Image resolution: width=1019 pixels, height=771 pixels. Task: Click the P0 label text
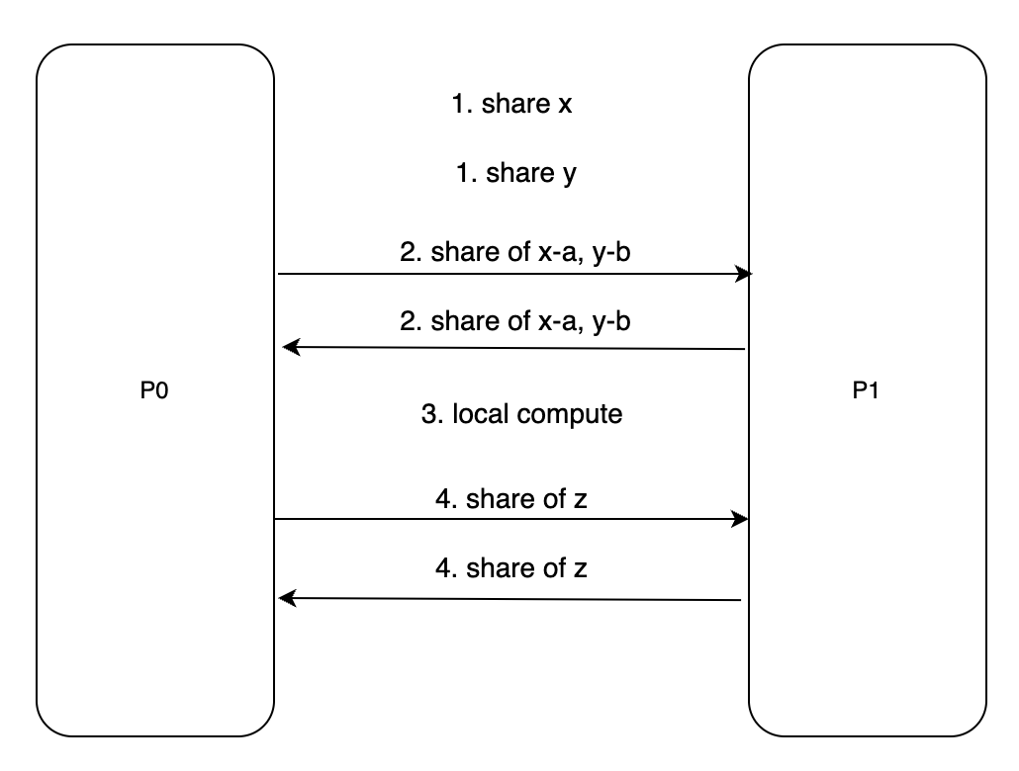pyautogui.click(x=154, y=390)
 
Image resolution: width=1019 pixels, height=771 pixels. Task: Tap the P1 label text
pyautogui.click(x=867, y=390)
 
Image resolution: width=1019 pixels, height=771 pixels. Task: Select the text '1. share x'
pyautogui.click(x=511, y=105)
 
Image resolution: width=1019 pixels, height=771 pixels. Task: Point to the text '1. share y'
pyautogui.click(x=515, y=174)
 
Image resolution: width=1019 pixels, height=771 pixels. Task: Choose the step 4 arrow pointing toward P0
pyautogui.click(x=510, y=598)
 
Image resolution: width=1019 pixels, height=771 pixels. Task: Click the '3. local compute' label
pyautogui.click(x=521, y=413)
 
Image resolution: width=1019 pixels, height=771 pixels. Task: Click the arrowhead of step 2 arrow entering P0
pyautogui.click(x=289, y=346)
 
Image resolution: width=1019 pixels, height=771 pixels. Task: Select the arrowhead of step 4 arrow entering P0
pyautogui.click(x=287, y=598)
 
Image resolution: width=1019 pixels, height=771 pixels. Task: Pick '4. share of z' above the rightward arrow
pyautogui.click(x=510, y=499)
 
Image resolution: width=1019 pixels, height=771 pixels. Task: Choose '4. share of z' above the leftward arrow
pyautogui.click(x=510, y=568)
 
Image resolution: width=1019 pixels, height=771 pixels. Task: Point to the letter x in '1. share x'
pyautogui.click(x=565, y=106)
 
